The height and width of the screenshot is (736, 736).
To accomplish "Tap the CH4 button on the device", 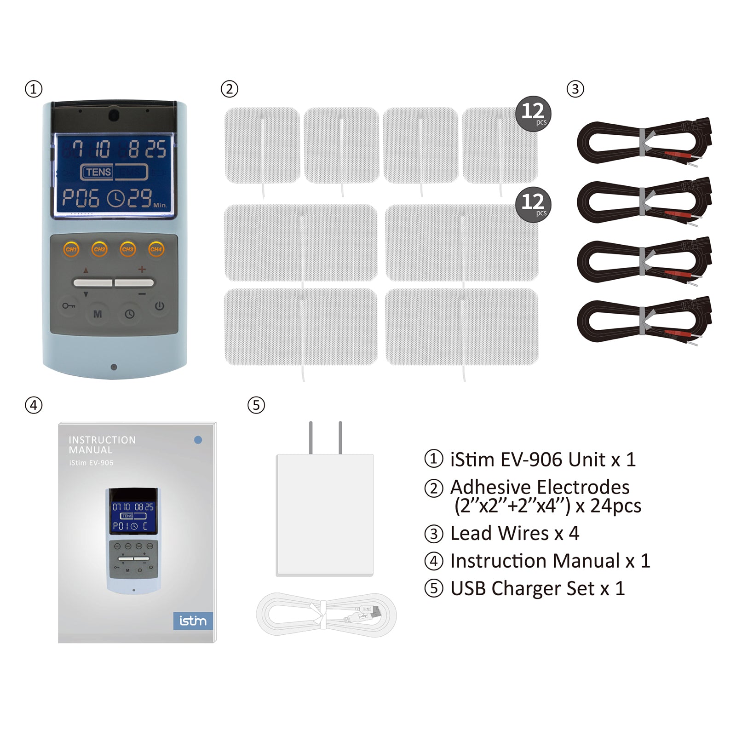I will point(156,249).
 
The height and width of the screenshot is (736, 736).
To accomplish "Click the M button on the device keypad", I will point(98,314).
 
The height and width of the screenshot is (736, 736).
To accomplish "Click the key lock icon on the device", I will point(69,305).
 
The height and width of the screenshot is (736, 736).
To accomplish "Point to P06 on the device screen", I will point(81,198).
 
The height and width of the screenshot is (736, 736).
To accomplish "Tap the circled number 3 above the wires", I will point(575,89).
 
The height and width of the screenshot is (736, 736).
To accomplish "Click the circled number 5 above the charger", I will point(256,405).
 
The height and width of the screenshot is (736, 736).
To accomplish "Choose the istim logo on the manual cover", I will point(193,621).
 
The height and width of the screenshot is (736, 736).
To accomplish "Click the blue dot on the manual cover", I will point(198,440).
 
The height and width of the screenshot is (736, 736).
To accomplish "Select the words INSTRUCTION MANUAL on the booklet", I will point(102,445).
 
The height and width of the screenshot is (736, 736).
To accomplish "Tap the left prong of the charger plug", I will point(311,437).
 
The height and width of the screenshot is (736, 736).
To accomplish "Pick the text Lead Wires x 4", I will point(514,534).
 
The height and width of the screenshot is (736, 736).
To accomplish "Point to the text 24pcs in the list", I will point(615,506).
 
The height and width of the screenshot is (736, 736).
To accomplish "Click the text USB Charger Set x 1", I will point(537,589).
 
